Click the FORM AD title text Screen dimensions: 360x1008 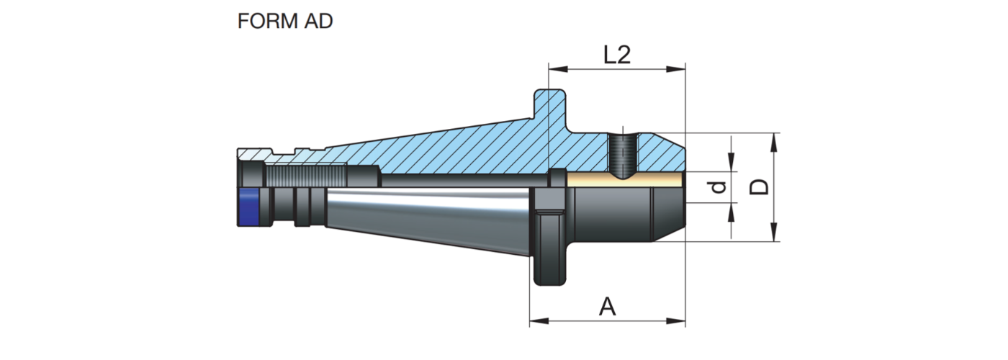pos(285,22)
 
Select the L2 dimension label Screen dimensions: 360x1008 pos(616,55)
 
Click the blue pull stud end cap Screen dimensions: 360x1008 pos(248,207)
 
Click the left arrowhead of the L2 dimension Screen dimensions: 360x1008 pos(554,70)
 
